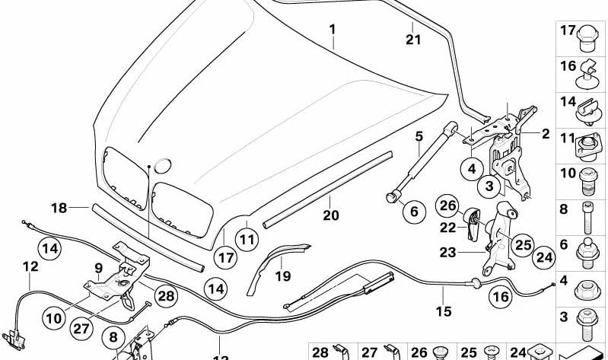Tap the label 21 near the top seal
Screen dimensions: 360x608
[x=412, y=40]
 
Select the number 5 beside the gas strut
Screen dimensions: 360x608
[x=419, y=137]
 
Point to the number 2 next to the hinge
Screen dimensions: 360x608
[x=545, y=134]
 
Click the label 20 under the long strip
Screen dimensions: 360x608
[x=330, y=215]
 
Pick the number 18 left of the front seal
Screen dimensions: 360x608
[x=59, y=207]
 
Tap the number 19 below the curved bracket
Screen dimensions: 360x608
[x=282, y=276]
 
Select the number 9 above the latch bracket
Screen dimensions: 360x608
[x=98, y=267]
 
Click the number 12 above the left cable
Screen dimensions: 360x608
[x=30, y=266]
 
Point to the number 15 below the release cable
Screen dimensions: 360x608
[x=443, y=311]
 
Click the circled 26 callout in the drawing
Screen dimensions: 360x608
[x=448, y=205]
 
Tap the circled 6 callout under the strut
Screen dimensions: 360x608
[x=414, y=212]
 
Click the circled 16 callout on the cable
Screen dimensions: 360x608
[x=499, y=297]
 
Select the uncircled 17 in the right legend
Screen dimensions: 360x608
[x=568, y=31]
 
